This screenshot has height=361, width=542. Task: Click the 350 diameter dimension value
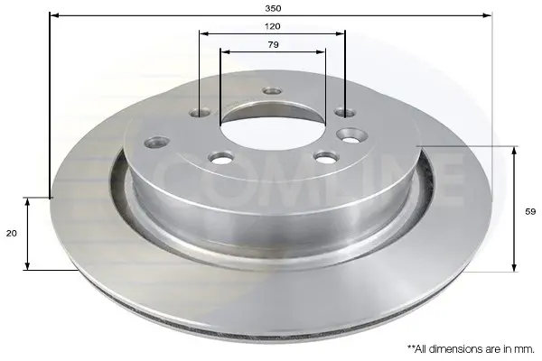tap(273, 8)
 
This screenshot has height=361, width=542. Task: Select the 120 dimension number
tap(273, 26)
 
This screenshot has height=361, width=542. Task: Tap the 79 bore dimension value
tap(273, 44)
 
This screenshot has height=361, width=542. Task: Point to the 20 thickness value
tap(12, 234)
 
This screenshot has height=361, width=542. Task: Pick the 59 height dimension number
tap(530, 211)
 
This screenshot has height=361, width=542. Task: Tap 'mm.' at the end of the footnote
tap(527, 349)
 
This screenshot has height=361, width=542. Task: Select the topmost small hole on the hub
tap(273, 91)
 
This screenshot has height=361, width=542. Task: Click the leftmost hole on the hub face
tap(157, 142)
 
